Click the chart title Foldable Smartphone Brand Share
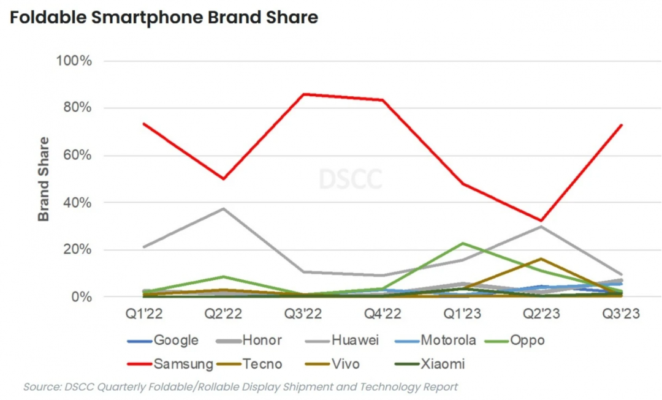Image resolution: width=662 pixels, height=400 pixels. [164, 18]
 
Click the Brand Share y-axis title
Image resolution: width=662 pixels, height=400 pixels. [44, 179]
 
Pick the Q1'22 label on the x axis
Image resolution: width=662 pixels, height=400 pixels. [145, 314]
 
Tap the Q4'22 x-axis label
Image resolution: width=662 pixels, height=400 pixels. [382, 314]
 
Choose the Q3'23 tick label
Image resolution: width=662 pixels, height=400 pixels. [621, 314]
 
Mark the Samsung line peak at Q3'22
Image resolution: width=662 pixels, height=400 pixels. [303, 94]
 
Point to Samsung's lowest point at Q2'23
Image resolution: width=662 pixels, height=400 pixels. [541, 221]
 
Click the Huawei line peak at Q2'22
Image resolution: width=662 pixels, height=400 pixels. [224, 208]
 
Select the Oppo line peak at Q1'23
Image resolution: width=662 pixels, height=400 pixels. [462, 243]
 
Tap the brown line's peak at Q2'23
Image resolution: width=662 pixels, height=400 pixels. [541, 258]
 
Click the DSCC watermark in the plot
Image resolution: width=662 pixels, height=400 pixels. [350, 179]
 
